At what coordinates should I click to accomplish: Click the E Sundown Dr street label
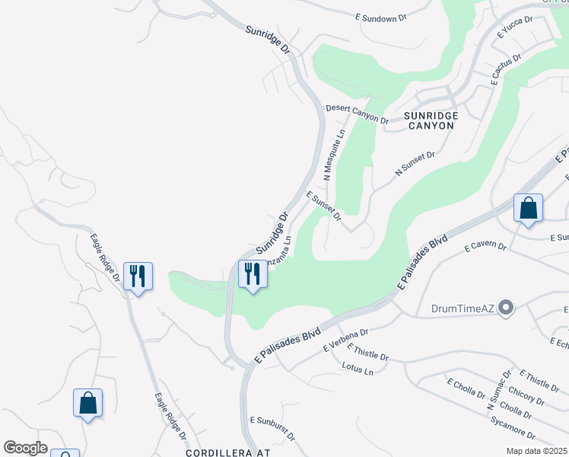click(390, 18)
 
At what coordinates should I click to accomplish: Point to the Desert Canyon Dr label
click(357, 113)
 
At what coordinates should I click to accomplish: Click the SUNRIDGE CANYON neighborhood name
click(431, 120)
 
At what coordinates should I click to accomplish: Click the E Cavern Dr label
click(485, 246)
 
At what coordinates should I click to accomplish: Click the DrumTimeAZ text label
click(463, 308)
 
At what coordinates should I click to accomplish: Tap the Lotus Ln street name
click(358, 371)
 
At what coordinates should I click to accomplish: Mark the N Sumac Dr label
click(497, 398)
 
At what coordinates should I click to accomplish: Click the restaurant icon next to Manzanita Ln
click(253, 273)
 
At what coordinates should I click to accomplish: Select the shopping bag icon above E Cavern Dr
click(528, 208)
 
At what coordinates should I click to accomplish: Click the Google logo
click(26, 448)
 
